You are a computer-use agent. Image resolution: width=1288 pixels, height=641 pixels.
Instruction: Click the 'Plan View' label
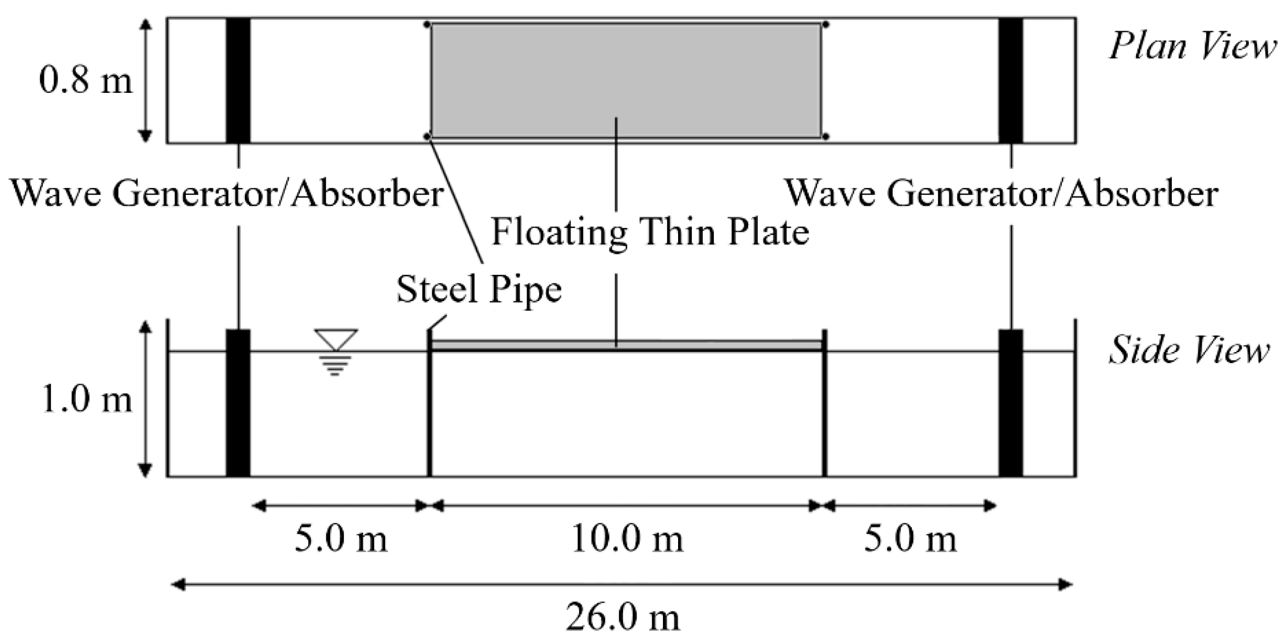1192,47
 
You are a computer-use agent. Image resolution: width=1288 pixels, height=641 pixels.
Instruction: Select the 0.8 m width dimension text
85,81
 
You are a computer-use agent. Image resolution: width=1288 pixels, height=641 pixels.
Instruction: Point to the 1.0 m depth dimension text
87,399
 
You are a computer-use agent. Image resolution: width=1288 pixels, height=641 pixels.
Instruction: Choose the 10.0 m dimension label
627,539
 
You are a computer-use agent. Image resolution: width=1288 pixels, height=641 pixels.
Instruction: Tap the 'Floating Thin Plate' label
650,232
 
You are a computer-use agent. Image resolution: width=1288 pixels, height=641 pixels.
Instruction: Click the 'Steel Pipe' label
479,289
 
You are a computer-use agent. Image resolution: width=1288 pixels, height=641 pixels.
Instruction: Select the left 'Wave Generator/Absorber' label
227,193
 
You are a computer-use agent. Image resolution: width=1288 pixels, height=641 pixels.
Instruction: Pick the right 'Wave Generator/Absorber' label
1002,193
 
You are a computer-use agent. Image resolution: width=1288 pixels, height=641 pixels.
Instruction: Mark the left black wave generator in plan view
238,81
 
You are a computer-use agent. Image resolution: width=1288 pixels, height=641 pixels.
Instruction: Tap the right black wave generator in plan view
1010,81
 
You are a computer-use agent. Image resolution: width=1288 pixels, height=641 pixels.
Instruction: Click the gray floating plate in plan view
626,81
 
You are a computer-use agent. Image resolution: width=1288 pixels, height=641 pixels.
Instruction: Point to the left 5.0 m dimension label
341,539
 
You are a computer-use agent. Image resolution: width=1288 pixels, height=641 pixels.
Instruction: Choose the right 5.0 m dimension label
910,539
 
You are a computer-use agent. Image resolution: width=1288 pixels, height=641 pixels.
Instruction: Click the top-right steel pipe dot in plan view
826,24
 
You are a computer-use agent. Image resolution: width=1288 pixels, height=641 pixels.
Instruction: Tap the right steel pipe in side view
825,404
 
